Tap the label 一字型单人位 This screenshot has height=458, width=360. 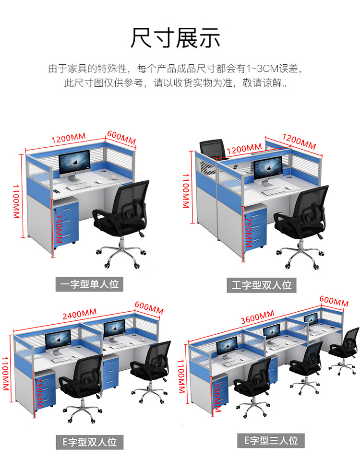click(x=89, y=284)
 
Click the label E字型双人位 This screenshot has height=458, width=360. click(x=89, y=441)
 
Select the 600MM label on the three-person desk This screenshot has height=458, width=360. click(x=334, y=302)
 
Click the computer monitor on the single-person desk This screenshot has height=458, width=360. click(x=74, y=164)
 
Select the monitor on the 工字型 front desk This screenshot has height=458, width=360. click(x=268, y=169)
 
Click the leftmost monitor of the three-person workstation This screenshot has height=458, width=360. click(x=227, y=346)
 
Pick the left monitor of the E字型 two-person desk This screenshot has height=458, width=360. click(x=58, y=341)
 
